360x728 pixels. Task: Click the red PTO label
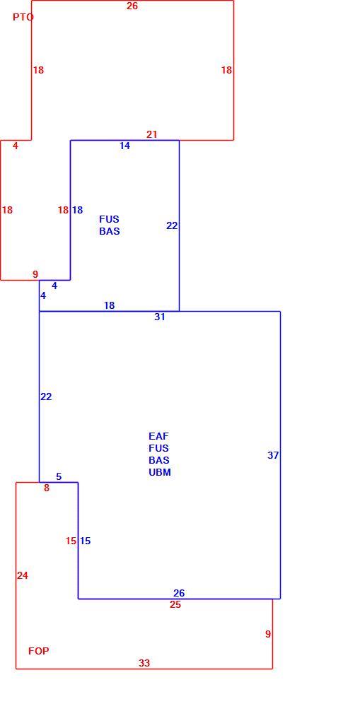23,17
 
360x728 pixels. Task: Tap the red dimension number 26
132,6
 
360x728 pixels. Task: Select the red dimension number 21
152,134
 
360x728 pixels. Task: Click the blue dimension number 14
124,146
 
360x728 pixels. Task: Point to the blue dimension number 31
160,317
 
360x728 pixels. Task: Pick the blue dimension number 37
273,455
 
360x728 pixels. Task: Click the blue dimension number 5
59,477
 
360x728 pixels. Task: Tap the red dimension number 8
47,488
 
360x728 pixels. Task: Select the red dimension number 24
23,576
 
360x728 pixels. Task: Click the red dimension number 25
175,605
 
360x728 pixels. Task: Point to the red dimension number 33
144,664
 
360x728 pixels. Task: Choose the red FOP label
39,652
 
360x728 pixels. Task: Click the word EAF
159,436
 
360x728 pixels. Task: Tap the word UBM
160,473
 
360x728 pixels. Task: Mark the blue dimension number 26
179,594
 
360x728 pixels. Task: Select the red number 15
71,541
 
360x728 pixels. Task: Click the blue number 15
85,541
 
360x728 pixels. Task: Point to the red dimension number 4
16,146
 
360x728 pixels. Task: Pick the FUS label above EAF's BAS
159,449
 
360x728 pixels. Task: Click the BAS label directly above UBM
159,461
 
